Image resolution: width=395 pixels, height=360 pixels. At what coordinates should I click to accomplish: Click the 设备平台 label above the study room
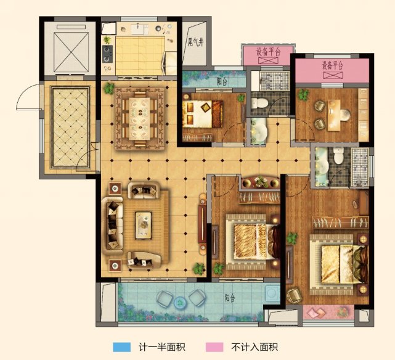pos(332,65)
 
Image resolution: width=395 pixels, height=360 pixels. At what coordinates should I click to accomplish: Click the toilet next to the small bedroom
pos(260,102)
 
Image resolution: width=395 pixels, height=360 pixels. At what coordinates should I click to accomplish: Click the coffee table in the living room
pos(144,223)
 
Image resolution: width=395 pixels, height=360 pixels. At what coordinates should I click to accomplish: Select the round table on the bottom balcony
pos(179,301)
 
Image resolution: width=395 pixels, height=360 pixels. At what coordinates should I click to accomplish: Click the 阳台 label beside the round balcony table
pos(229,298)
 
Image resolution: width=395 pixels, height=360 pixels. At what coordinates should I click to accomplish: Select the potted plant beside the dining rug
pos(108,88)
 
